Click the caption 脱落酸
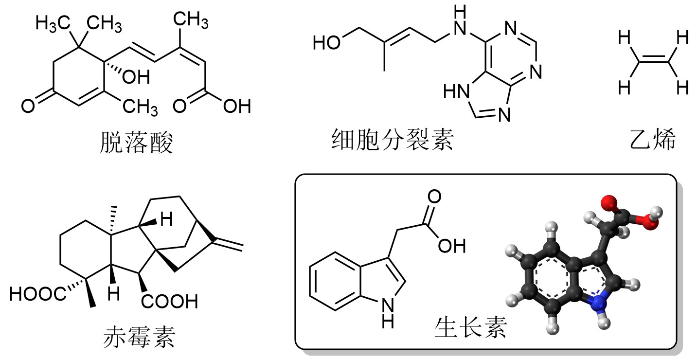(x=136, y=143)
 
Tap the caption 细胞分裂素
(x=393, y=139)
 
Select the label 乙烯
(x=652, y=139)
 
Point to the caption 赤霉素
(x=139, y=337)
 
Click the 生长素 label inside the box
(x=471, y=327)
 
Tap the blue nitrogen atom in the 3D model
(x=599, y=302)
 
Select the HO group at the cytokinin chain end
(x=326, y=43)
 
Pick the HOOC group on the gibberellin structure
(x=38, y=294)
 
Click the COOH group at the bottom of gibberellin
(x=169, y=301)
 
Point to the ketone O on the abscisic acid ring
(x=28, y=106)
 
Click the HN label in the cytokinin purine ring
(x=457, y=91)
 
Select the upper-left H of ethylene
(x=625, y=37)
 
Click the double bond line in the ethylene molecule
(x=653, y=59)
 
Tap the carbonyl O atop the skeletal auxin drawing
(x=434, y=197)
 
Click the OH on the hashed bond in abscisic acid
(x=136, y=77)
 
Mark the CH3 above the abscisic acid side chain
(x=191, y=20)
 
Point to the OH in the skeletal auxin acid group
(x=452, y=246)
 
